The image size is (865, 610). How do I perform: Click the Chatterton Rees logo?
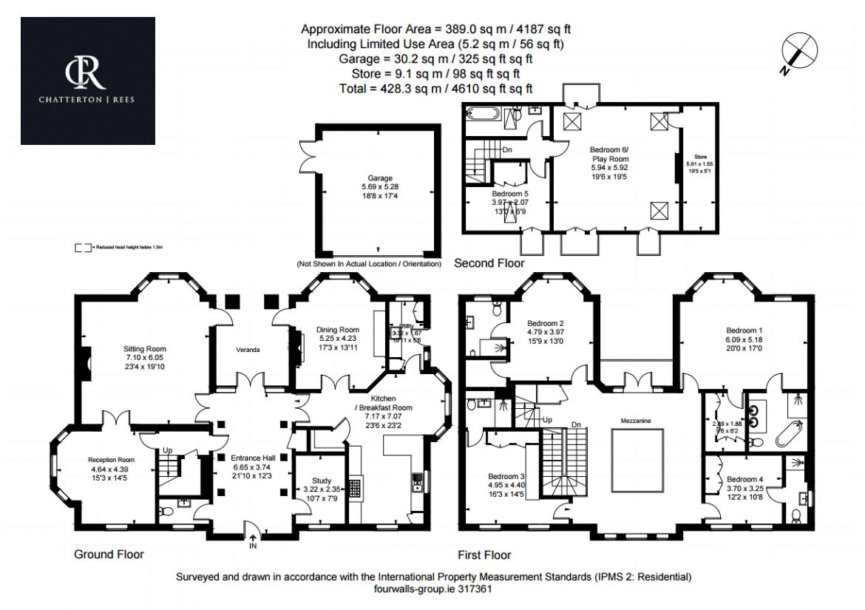click(x=87, y=80)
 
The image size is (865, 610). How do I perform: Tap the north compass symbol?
click(x=800, y=52)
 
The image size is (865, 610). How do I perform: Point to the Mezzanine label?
click(x=635, y=420)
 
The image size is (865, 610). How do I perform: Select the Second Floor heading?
click(x=489, y=263)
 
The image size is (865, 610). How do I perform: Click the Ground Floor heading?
click(x=109, y=554)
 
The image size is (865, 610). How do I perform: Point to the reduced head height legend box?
click(x=82, y=248)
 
